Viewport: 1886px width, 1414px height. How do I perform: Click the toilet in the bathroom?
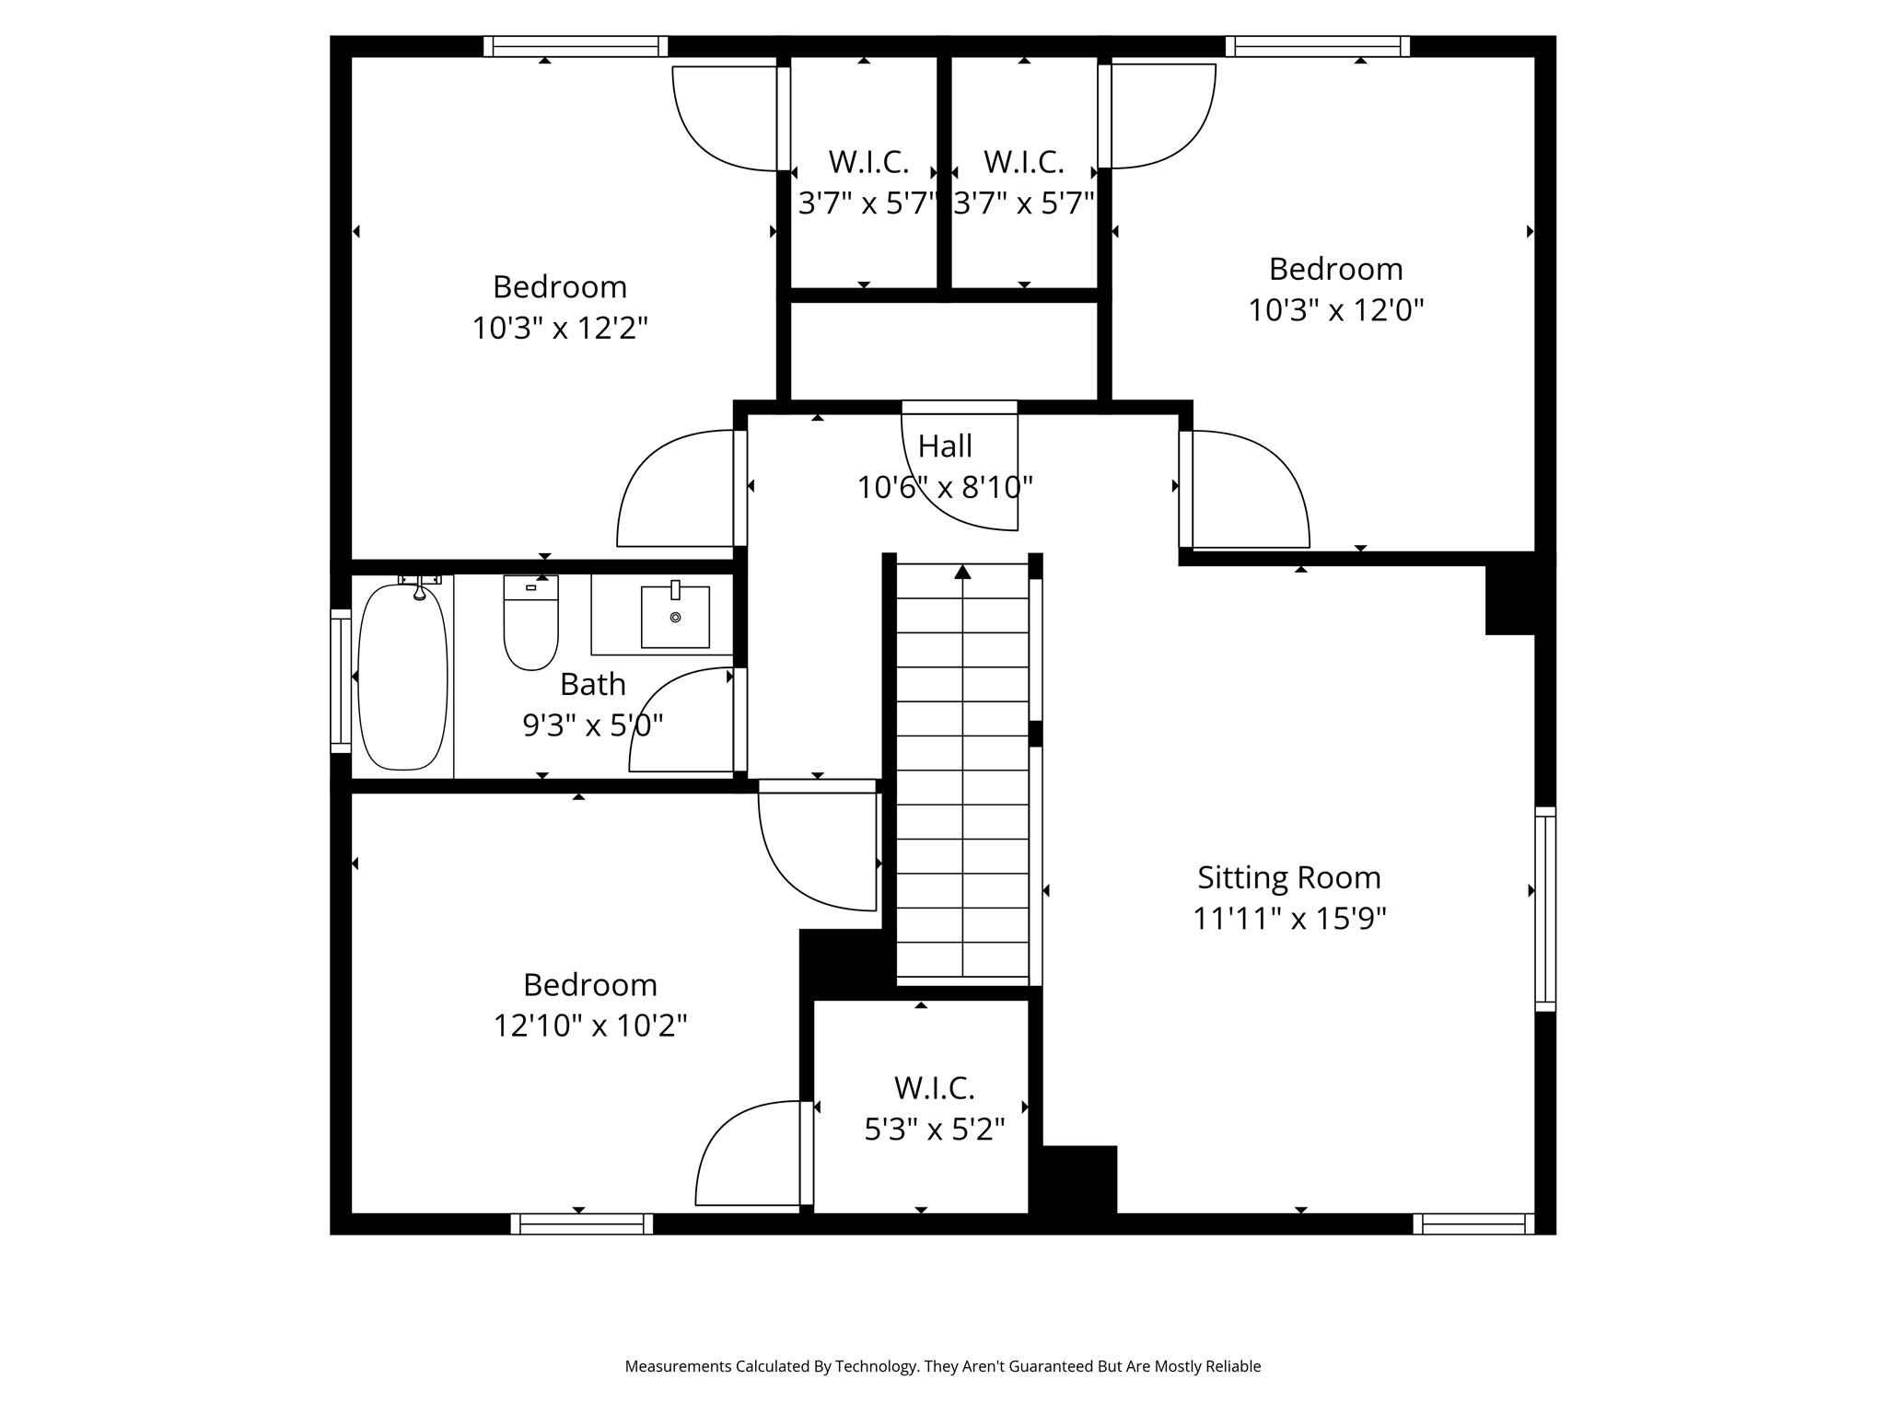pos(530,622)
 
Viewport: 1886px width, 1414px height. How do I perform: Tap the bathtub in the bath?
pos(402,677)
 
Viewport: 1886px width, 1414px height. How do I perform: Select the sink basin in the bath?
pos(675,616)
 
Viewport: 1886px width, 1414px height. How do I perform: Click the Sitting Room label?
pos(1289,877)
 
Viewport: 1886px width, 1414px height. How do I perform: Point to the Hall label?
pos(945,446)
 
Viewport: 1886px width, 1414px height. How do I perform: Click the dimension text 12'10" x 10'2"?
pos(590,1026)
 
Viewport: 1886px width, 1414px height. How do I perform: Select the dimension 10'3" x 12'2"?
pos(560,328)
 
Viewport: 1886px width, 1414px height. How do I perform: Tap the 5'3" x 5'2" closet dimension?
pos(934,1129)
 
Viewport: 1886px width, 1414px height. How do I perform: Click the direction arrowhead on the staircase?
pos(962,572)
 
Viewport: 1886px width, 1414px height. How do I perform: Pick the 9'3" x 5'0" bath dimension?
pos(593,725)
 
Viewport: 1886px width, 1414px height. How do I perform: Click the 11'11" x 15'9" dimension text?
pos(1289,918)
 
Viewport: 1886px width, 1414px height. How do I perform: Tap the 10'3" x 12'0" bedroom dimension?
pos(1335,309)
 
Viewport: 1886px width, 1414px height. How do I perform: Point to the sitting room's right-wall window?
pos(1545,910)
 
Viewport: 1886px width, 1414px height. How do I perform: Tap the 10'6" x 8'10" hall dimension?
pos(945,487)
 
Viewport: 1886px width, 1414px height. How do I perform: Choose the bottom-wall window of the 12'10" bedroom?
pos(582,1223)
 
